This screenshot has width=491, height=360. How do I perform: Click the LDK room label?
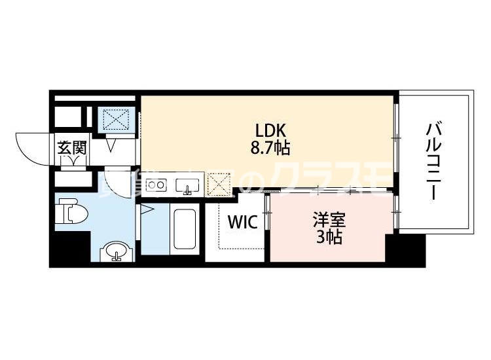tap(270, 130)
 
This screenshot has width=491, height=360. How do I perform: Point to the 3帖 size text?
tap(329, 238)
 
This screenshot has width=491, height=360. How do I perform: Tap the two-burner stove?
tap(156, 185)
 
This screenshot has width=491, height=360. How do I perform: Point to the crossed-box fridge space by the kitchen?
tap(218, 185)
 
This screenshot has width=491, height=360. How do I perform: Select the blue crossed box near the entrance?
tap(115, 118)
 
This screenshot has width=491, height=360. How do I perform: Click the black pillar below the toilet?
tap(70, 249)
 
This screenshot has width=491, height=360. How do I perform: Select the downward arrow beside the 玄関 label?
tap(111, 146)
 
